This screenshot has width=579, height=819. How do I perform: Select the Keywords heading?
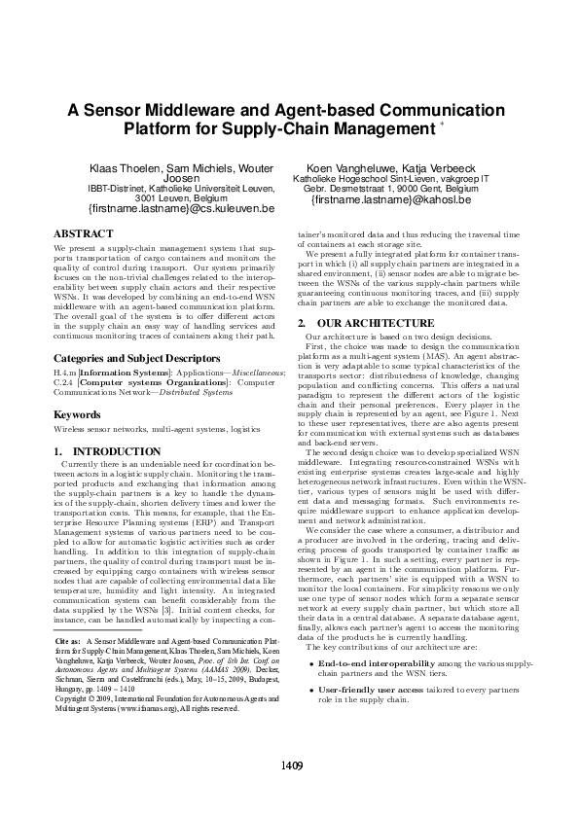tap(79, 414)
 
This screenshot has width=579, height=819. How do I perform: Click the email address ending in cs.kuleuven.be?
tap(181, 208)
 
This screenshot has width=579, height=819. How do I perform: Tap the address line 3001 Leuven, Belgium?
tap(181, 196)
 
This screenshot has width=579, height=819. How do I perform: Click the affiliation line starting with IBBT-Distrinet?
tap(181, 188)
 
